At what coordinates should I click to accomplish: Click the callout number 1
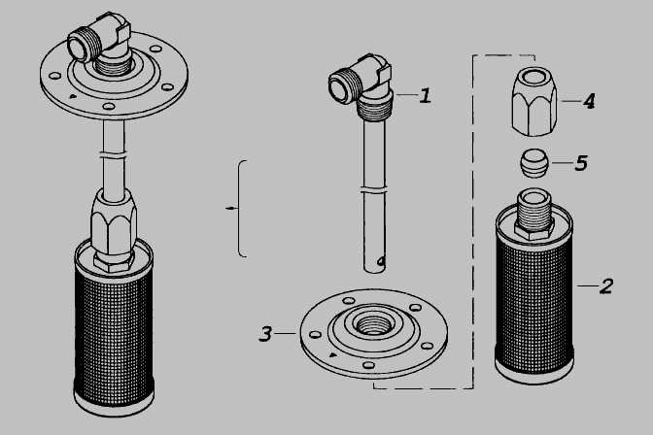(425, 96)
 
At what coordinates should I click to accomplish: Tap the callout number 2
(606, 286)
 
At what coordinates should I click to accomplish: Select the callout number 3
(265, 334)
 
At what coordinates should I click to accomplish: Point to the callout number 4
(589, 101)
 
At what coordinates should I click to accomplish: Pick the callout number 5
(581, 163)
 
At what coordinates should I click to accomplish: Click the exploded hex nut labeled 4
(534, 102)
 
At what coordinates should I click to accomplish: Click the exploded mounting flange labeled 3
(374, 333)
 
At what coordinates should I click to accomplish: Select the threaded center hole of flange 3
(373, 324)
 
